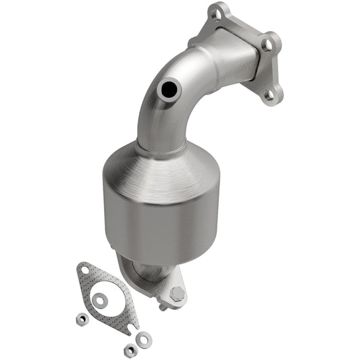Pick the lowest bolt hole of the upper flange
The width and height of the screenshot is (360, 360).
[x=270, y=95]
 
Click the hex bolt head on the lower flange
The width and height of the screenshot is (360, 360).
[x=177, y=294]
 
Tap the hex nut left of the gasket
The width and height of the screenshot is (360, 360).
[x=81, y=318]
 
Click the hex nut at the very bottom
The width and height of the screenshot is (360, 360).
[x=129, y=349]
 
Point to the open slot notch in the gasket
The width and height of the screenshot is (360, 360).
[x=127, y=330]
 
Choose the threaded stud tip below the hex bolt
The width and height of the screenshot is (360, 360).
[x=163, y=308]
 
